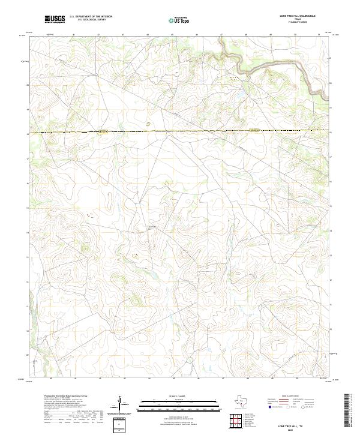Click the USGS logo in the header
pos(55,19)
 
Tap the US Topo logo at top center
pos(179,20)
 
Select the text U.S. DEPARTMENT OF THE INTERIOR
pos(91,17)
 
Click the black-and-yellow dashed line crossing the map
pos(180,131)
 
